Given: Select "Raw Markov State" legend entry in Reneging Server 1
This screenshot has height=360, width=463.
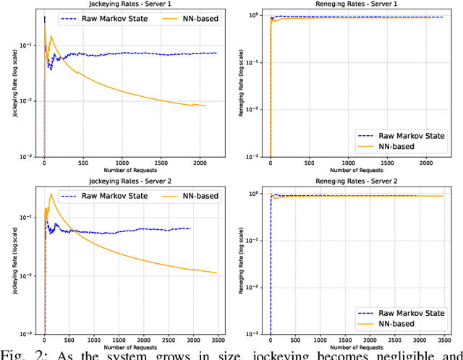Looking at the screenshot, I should [402, 134].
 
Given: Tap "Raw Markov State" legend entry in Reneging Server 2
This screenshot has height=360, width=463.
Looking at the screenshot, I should [402, 311].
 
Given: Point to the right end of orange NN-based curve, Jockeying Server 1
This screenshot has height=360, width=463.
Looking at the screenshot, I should [205, 106].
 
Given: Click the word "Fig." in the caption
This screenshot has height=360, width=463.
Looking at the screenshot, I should [16, 353].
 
